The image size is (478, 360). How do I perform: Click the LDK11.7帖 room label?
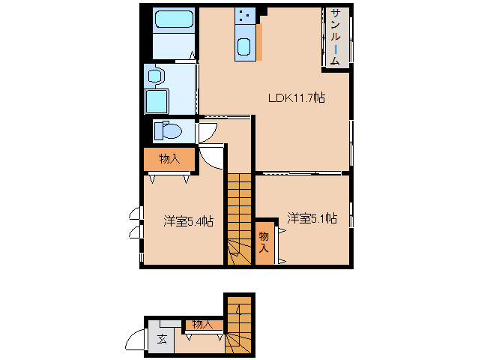[x=297, y=97]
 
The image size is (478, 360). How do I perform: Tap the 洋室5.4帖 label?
[x=189, y=221]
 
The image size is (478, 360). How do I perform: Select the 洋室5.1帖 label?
[x=312, y=218]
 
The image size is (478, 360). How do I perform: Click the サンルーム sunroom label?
[x=336, y=37]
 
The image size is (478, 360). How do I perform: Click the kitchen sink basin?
[x=244, y=47]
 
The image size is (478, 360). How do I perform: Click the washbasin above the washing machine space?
[x=155, y=75]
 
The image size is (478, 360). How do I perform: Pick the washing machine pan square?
[x=156, y=100]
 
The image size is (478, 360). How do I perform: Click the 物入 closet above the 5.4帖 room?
[x=170, y=158]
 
